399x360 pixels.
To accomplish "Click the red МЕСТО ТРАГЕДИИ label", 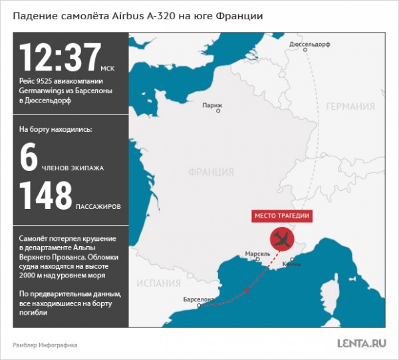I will [x=283, y=216].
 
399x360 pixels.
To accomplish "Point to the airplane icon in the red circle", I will [x=281, y=240].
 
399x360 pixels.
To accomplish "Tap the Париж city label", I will [x=212, y=105].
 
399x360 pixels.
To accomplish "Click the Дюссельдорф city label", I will [x=310, y=45].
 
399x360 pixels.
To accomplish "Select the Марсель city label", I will [x=257, y=254].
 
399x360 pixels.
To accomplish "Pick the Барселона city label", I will [x=198, y=299].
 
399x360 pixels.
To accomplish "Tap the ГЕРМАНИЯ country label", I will [x=350, y=106].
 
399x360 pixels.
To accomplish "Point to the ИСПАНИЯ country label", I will [x=154, y=281].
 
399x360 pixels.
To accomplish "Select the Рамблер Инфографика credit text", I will [x=45, y=345].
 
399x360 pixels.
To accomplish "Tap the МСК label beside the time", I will [x=108, y=69].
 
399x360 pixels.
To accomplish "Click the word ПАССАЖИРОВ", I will [x=98, y=207].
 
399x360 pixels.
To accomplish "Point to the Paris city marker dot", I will [x=212, y=97].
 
